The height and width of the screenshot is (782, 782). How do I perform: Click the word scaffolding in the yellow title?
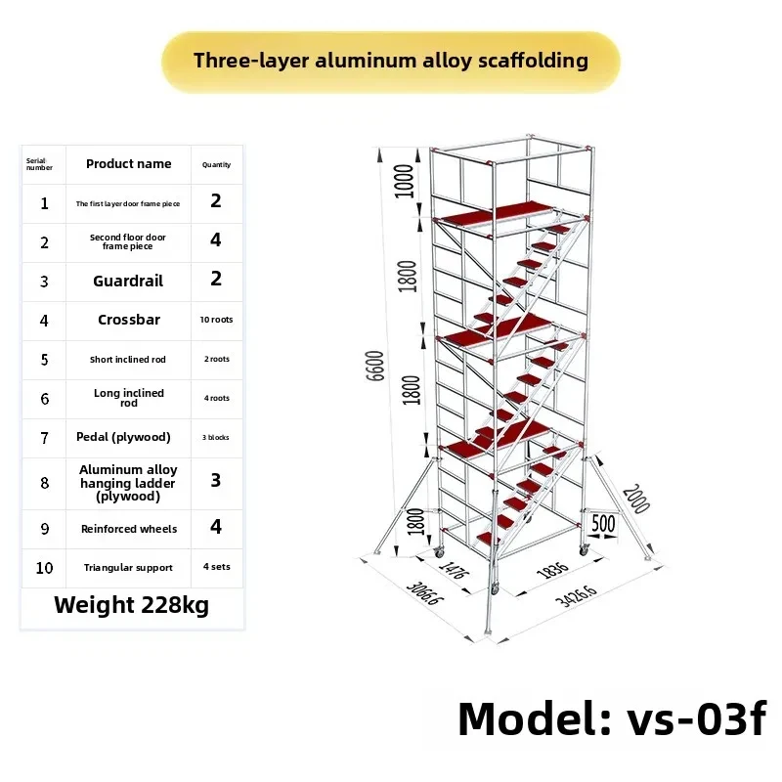click(x=533, y=61)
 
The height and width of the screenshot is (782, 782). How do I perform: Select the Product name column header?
click(x=129, y=163)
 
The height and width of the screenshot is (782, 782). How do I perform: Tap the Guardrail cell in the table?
click(x=128, y=281)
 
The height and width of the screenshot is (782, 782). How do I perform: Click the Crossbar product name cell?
click(x=129, y=320)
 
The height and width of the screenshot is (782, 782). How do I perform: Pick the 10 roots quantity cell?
click(x=216, y=320)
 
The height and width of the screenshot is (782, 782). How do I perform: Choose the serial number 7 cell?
click(x=44, y=438)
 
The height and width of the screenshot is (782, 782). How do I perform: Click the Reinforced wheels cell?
click(x=129, y=529)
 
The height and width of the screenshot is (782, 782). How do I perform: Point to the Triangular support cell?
click(x=128, y=568)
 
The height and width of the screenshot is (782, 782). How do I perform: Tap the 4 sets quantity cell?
click(x=216, y=567)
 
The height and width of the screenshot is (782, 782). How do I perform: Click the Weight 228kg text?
click(x=132, y=605)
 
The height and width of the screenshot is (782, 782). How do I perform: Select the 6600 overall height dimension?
click(x=375, y=366)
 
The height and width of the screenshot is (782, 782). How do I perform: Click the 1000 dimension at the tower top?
click(x=405, y=181)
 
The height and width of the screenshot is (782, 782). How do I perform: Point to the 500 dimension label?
click(x=603, y=524)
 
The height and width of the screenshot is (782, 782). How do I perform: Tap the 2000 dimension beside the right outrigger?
click(x=636, y=499)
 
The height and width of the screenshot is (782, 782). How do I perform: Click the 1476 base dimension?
click(x=454, y=570)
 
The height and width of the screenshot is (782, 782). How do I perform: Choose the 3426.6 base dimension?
click(x=576, y=595)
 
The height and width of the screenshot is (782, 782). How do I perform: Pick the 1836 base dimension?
click(x=552, y=570)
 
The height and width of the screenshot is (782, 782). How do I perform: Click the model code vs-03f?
click(x=696, y=718)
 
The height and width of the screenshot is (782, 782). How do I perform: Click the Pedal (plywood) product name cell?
click(x=123, y=437)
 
